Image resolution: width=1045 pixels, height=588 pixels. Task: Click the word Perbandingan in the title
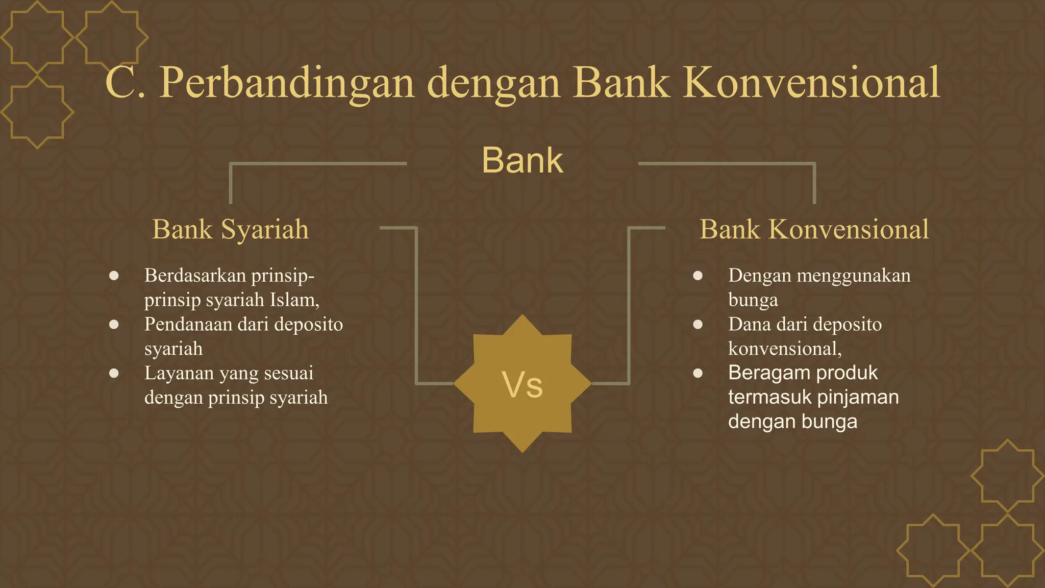286,83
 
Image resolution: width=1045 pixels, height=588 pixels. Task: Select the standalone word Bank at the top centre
522,160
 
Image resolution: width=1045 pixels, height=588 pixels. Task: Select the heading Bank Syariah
231,229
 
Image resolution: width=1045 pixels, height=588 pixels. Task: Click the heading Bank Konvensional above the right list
814,229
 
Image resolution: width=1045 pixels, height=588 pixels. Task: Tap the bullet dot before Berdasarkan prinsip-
114,276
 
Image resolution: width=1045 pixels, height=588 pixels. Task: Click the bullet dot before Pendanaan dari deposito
114,324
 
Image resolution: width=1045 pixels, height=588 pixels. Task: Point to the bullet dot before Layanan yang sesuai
114,373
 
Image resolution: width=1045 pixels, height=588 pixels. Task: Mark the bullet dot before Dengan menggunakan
698,276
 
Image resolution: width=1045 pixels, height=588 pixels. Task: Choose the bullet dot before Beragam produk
698,373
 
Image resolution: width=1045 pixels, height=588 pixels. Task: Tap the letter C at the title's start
119,83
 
